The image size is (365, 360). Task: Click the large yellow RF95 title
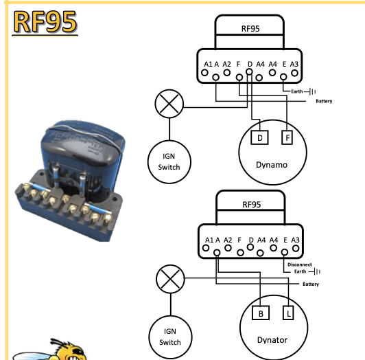45,22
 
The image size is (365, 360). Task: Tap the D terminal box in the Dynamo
260,137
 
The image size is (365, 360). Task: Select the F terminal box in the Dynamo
287,137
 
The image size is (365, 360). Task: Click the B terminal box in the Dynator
261,313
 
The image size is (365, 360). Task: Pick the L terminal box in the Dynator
288,313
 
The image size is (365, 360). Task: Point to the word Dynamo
272,165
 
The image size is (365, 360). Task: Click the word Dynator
272,340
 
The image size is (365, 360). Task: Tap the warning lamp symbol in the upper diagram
169,104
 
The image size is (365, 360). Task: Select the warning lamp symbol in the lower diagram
170,279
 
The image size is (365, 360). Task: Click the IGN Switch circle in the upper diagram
169,162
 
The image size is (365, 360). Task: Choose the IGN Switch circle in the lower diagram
170,337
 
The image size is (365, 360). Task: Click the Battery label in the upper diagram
324,101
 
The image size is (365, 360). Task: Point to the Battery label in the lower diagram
311,284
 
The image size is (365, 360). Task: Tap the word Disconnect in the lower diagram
300,265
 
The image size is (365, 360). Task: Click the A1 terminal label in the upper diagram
208,64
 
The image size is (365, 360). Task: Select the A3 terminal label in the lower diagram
295,240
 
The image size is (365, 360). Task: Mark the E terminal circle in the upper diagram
283,77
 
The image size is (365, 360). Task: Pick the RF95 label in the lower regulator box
252,205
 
